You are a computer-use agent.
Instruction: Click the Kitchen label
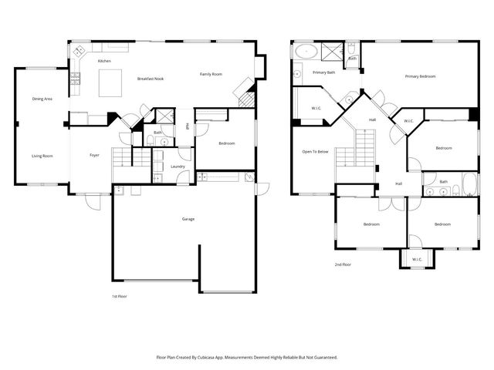104,61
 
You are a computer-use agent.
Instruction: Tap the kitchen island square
111,80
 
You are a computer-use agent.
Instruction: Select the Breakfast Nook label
150,79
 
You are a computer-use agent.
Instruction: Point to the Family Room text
211,74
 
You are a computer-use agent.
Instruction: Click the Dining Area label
42,99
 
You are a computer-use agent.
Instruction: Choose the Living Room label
42,156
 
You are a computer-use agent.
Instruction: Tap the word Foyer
94,155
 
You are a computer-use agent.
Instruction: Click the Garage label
188,219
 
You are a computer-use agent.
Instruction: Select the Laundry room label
177,166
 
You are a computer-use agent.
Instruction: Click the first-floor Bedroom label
226,143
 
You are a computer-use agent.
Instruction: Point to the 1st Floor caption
120,296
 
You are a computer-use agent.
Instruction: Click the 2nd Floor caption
343,264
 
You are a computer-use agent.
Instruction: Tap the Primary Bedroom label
421,76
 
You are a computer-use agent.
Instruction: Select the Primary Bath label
323,72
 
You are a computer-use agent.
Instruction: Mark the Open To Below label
315,151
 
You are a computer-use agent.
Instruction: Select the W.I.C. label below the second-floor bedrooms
416,259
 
